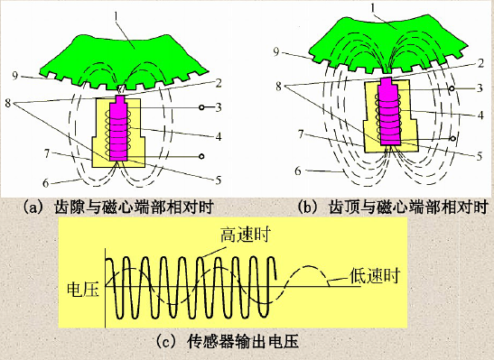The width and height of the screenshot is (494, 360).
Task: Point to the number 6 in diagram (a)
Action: [46, 182]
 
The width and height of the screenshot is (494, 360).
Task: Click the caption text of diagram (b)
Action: [396, 207]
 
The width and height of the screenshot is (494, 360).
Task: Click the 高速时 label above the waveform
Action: [244, 235]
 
